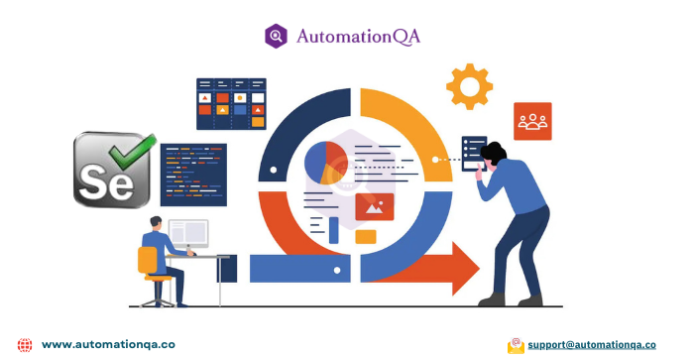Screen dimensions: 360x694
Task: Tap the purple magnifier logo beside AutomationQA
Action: [276, 37]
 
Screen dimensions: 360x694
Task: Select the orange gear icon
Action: [469, 86]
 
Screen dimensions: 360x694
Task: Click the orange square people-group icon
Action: [532, 121]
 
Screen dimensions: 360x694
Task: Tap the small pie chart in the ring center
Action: [323, 164]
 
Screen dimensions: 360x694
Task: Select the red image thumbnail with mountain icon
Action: [375, 206]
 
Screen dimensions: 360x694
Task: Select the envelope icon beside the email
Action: [516, 345]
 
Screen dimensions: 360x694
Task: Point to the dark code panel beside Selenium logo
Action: [193, 175]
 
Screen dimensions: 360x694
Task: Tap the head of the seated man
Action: [157, 222]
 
